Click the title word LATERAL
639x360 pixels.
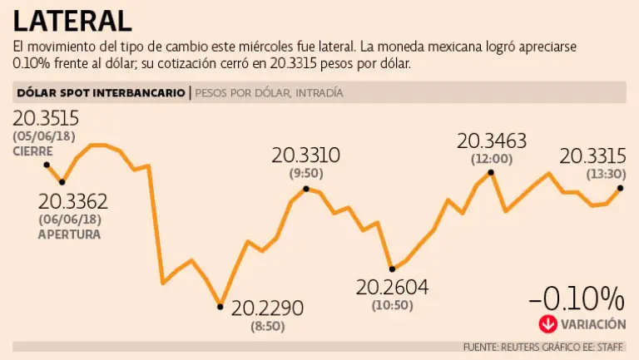pyautogui.click(x=72, y=20)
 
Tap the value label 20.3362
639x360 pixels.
pyautogui.click(x=73, y=201)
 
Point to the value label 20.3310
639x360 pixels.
pyautogui.click(x=306, y=155)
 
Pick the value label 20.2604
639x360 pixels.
pyautogui.click(x=392, y=288)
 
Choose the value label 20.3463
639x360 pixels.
pyautogui.click(x=493, y=140)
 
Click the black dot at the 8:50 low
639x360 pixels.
pyautogui.click(x=220, y=306)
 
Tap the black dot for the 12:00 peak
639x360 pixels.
pyautogui.click(x=491, y=173)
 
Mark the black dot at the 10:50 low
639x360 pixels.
pyautogui.click(x=393, y=269)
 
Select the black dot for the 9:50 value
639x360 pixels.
pyautogui.click(x=306, y=189)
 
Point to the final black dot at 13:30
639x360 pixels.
pyautogui.click(x=621, y=188)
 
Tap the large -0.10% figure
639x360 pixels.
pyautogui.click(x=576, y=298)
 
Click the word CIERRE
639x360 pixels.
pyautogui.click(x=32, y=151)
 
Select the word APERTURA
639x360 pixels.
pyautogui.click(x=69, y=234)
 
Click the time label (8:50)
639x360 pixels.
pyautogui.click(x=267, y=326)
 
